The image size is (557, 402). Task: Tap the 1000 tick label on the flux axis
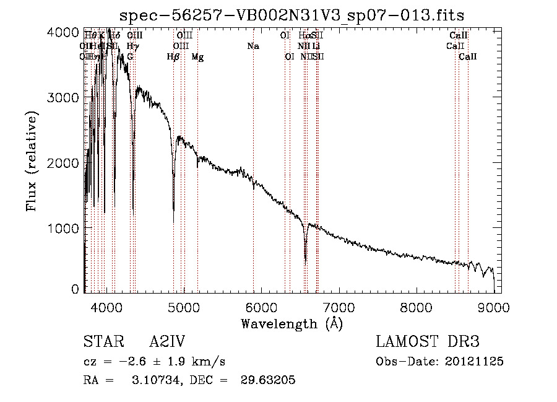click(64, 228)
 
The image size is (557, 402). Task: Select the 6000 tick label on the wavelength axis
click(261, 307)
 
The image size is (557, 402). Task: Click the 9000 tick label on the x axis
click(494, 307)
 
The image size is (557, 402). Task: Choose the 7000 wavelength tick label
click(339, 307)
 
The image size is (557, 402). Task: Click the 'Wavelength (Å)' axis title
click(291, 323)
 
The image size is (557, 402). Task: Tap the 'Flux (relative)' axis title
click(32, 161)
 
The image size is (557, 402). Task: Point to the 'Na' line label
click(253, 46)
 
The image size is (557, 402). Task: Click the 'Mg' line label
click(197, 57)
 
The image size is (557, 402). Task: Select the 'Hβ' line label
click(173, 57)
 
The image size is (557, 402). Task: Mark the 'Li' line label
click(316, 46)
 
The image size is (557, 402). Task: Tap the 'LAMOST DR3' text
click(428, 342)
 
